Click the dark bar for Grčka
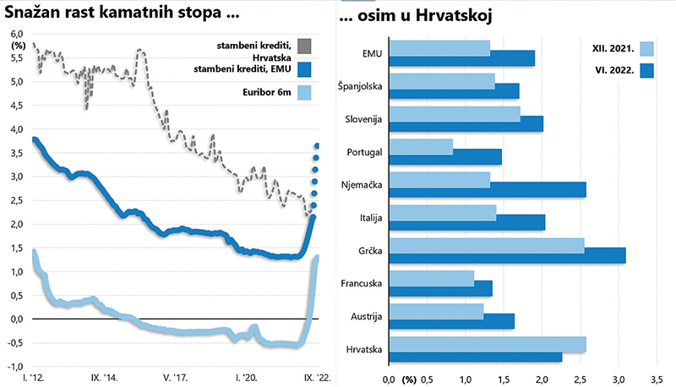[x=507, y=255]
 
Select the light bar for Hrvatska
[x=487, y=344]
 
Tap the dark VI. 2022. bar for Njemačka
[x=487, y=189]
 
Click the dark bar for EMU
[x=461, y=58]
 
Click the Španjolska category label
[x=359, y=87]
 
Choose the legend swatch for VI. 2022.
[x=648, y=72]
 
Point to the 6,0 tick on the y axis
[x=17, y=34]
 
